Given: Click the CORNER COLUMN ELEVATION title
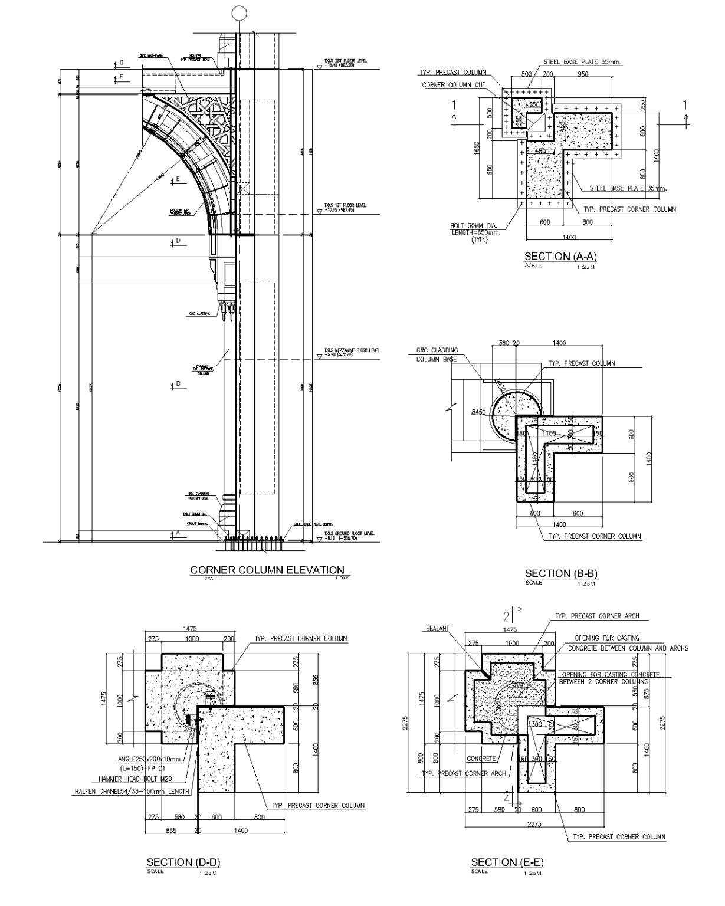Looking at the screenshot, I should (x=267, y=570).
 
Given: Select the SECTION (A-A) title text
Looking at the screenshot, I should (x=560, y=256).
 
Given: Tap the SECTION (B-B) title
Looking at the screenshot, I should (x=561, y=573).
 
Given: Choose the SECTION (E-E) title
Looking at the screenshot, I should (x=507, y=862).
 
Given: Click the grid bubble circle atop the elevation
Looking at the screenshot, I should (x=238, y=12).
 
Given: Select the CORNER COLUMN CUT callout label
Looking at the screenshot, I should (x=454, y=85).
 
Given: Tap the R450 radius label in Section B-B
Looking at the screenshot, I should (x=478, y=412).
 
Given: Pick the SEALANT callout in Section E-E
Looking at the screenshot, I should (x=437, y=628).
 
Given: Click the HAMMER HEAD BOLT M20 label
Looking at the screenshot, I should (x=131, y=779).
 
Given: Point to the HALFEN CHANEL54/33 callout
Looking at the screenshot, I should (x=132, y=792).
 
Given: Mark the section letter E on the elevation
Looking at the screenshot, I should (x=177, y=179).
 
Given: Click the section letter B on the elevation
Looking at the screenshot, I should (x=177, y=383).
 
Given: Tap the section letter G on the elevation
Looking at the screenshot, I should (x=122, y=63).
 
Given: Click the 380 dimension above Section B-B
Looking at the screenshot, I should (x=503, y=343).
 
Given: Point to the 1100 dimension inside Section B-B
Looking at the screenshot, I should (x=549, y=434).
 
